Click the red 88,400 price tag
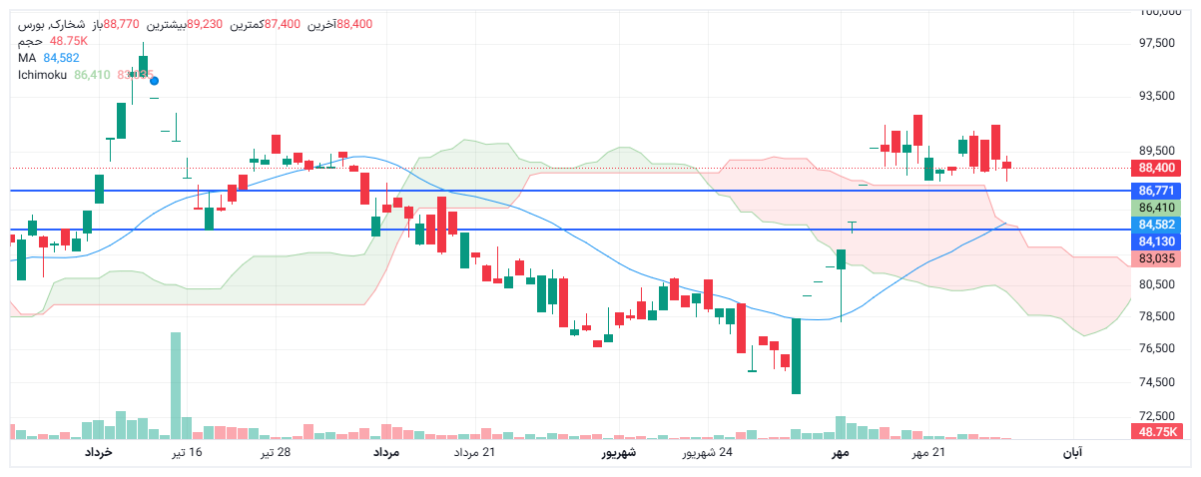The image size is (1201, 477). pos(1156,168)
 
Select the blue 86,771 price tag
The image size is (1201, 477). pos(1156,190)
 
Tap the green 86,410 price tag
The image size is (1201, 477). pos(1156,208)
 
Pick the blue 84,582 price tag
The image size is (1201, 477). pos(1156,225)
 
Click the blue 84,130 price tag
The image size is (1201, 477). pos(1156,241)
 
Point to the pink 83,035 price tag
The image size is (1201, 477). pos(1156,258)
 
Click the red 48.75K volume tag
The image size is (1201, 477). pos(1156,431)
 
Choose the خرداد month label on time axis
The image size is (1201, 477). pos(98,453)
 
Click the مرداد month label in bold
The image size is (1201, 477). pos(386,453)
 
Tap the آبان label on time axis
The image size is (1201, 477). pos(1071,453)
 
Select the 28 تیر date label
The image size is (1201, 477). pos(276,453)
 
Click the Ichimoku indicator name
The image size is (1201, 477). pos(43,75)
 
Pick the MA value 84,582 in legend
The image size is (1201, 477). pos(61,58)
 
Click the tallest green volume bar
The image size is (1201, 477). pos(176,385)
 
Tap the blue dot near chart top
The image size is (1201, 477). pos(154,81)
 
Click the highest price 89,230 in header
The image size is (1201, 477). pos(205,24)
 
